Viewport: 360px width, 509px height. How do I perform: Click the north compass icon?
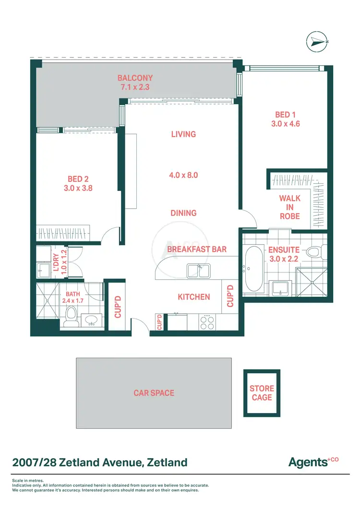coord(316,42)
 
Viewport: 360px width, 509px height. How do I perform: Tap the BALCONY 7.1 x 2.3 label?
coord(135,83)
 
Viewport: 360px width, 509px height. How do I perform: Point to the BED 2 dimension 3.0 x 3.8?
coord(78,189)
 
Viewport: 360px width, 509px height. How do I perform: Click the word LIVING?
coord(183,134)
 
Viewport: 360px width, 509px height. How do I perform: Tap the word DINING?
coord(183,213)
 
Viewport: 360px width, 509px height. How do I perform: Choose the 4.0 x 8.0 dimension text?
coord(183,175)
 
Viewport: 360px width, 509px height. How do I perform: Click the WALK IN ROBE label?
coord(289,207)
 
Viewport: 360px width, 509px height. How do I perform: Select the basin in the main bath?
coord(90,320)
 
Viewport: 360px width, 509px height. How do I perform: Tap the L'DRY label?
coord(56,262)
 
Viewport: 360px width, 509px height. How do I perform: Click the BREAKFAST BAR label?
coord(197,249)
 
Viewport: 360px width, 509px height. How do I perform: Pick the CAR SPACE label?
coord(154,393)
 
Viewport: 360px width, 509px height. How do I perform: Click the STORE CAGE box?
coord(262,393)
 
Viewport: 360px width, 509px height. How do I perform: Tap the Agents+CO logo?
coord(313,462)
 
